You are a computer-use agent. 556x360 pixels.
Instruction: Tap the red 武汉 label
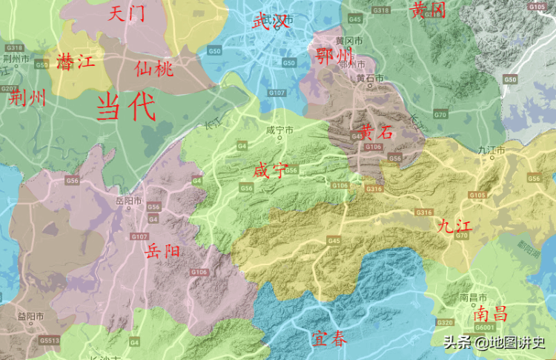[270, 21]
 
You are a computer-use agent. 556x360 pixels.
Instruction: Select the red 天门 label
[126, 13]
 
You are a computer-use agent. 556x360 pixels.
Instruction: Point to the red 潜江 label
[75, 62]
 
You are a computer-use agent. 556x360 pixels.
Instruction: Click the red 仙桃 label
[153, 69]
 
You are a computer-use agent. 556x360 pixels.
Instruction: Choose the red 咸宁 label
[270, 170]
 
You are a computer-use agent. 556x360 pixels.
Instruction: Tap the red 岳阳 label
[163, 250]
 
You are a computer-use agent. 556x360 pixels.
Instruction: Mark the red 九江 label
[454, 225]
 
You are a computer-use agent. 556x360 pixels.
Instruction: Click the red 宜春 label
[328, 340]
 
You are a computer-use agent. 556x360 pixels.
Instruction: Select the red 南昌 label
[491, 313]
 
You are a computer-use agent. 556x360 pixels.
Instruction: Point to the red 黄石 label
[376, 133]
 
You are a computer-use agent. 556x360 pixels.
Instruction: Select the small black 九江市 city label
[492, 150]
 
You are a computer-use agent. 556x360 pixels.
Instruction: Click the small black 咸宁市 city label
[280, 130]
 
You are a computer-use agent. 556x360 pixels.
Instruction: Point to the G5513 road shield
[50, 341]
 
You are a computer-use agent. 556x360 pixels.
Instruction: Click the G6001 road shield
[484, 327]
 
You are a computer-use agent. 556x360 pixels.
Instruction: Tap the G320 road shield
[445, 323]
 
